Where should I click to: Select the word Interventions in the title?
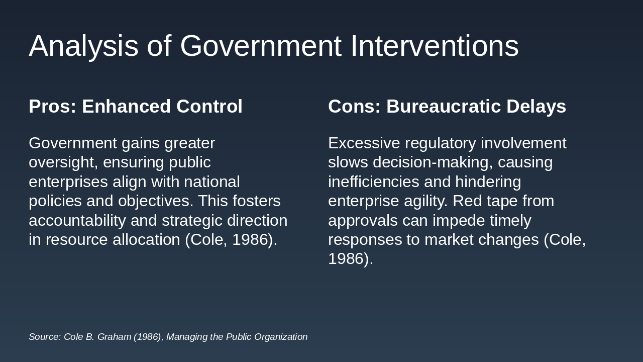tap(435, 46)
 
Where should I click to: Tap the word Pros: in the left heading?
tap(53, 106)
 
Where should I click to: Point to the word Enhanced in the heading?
tap(127, 106)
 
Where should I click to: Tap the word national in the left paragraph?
tap(212, 182)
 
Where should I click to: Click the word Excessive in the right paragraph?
tap(364, 143)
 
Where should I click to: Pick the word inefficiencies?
tap(374, 182)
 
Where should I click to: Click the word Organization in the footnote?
tap(281, 337)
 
